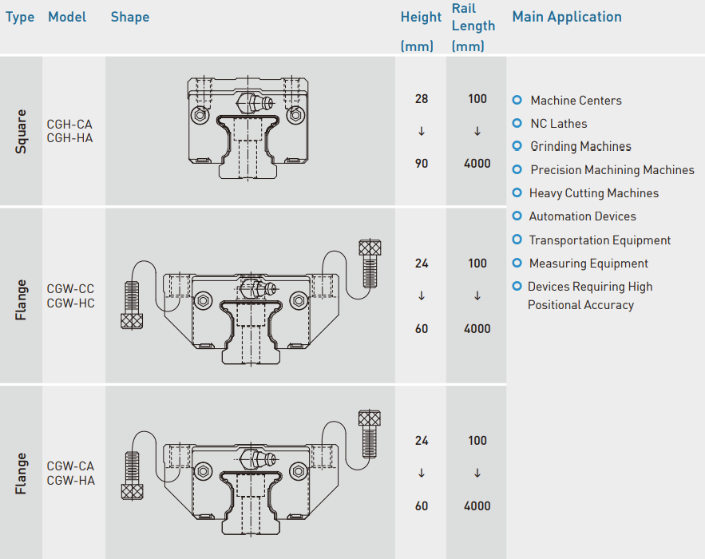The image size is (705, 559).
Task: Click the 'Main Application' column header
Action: point(567,17)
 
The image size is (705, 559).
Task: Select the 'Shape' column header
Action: point(130,17)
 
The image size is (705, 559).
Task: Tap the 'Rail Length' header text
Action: point(473,17)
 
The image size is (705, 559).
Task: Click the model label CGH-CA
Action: point(69,124)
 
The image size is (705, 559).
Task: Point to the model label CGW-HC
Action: point(70,303)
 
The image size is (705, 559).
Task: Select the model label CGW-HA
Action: point(70,480)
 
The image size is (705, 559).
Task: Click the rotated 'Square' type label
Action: point(21,131)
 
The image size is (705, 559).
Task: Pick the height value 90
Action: point(422,163)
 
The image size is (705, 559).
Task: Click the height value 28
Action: point(422,99)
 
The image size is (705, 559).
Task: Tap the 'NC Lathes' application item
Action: point(559,124)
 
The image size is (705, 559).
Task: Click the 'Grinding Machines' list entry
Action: point(581,147)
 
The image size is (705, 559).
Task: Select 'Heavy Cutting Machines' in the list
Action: point(594,193)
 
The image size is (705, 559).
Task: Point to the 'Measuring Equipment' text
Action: point(588,264)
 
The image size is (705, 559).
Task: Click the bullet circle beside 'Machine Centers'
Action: point(517,100)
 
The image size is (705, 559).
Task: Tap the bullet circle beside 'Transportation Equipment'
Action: point(517,240)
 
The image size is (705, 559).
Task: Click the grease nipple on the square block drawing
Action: point(255,103)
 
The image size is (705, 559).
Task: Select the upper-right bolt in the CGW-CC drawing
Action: point(370,264)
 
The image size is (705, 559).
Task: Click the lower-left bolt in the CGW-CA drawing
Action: point(133,475)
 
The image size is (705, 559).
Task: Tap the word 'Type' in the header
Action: point(20,18)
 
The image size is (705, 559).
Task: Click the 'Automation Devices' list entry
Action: point(582,216)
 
